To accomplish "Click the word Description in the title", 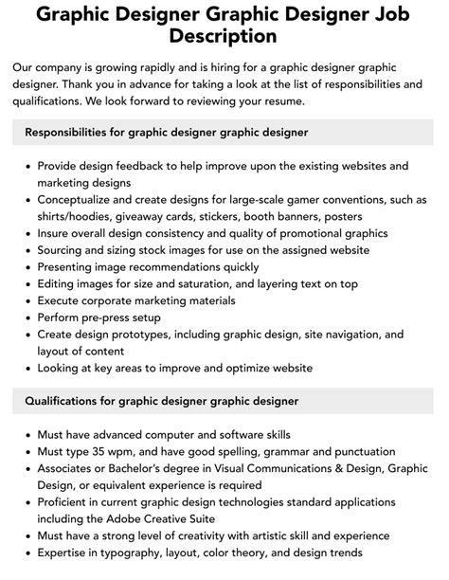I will pos(224,36).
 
